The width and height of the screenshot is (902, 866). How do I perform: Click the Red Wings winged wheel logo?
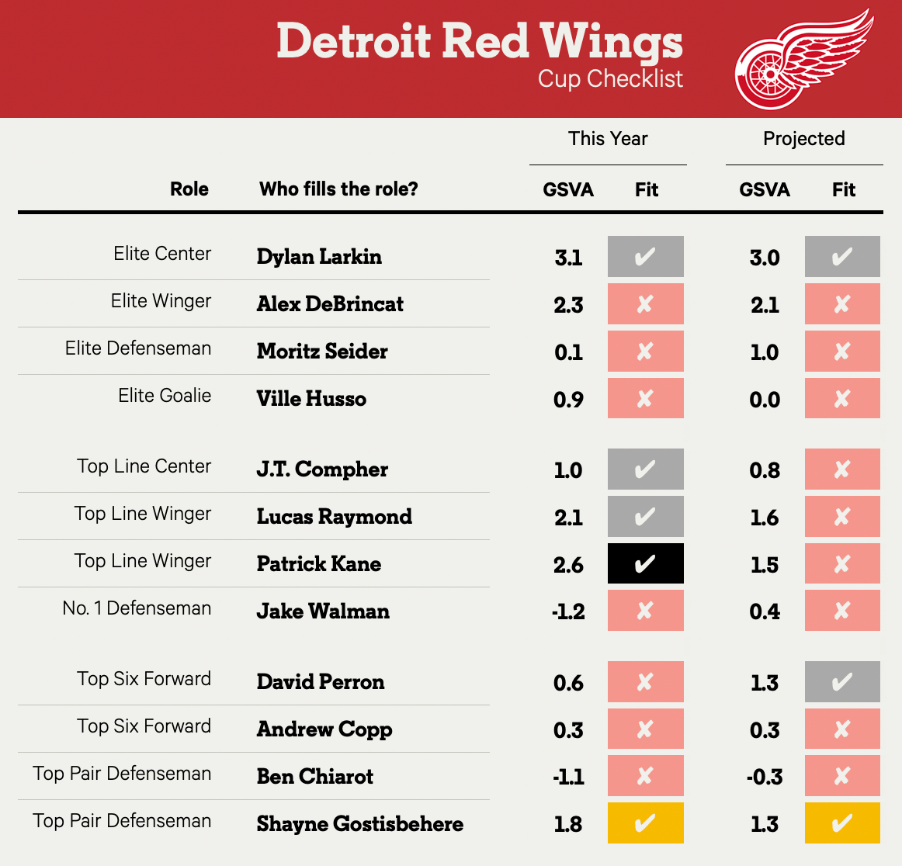click(x=803, y=60)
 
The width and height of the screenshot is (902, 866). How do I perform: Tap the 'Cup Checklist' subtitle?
click(x=610, y=79)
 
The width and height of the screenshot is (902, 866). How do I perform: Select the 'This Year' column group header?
click(x=608, y=139)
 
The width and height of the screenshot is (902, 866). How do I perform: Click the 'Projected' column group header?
click(x=803, y=139)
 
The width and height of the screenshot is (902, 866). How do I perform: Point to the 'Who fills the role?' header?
click(x=338, y=189)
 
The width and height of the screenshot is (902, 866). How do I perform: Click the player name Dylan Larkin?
click(x=319, y=257)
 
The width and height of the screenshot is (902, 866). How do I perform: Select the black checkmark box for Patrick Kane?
click(x=645, y=563)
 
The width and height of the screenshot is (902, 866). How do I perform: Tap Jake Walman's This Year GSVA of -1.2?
click(x=568, y=611)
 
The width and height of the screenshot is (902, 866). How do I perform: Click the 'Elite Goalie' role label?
click(x=165, y=396)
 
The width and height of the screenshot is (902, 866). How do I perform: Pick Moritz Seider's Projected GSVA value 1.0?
click(x=765, y=352)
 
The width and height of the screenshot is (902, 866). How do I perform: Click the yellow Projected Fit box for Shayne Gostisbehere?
click(x=842, y=823)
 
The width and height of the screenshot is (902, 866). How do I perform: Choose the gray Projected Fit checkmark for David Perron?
click(x=842, y=682)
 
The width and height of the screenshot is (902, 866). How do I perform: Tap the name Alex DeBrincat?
click(x=330, y=304)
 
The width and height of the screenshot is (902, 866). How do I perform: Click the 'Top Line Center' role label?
click(x=144, y=466)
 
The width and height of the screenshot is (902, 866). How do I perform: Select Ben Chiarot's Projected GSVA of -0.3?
click(x=764, y=777)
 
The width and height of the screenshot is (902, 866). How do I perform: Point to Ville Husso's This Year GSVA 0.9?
click(x=568, y=400)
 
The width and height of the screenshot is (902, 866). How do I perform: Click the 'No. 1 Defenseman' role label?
click(x=137, y=608)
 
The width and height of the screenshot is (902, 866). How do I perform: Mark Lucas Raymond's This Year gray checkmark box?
click(x=645, y=517)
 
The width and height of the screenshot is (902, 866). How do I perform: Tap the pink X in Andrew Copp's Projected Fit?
click(x=842, y=729)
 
